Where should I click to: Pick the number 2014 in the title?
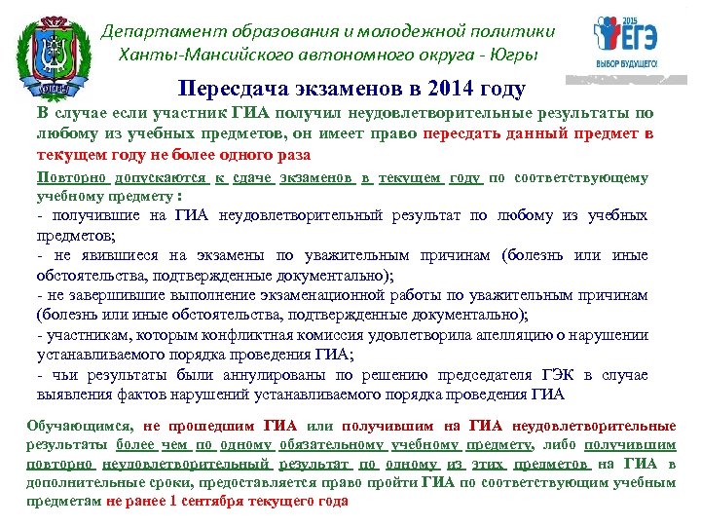click(446, 89)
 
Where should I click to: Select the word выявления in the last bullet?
click(72, 394)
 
